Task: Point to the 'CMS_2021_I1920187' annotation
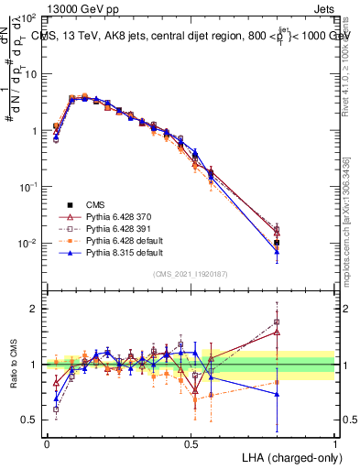[191, 274]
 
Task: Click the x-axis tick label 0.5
[191, 443]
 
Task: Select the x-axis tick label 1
[335, 443]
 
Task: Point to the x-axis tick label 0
[47, 443]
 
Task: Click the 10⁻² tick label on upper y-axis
[27, 244]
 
